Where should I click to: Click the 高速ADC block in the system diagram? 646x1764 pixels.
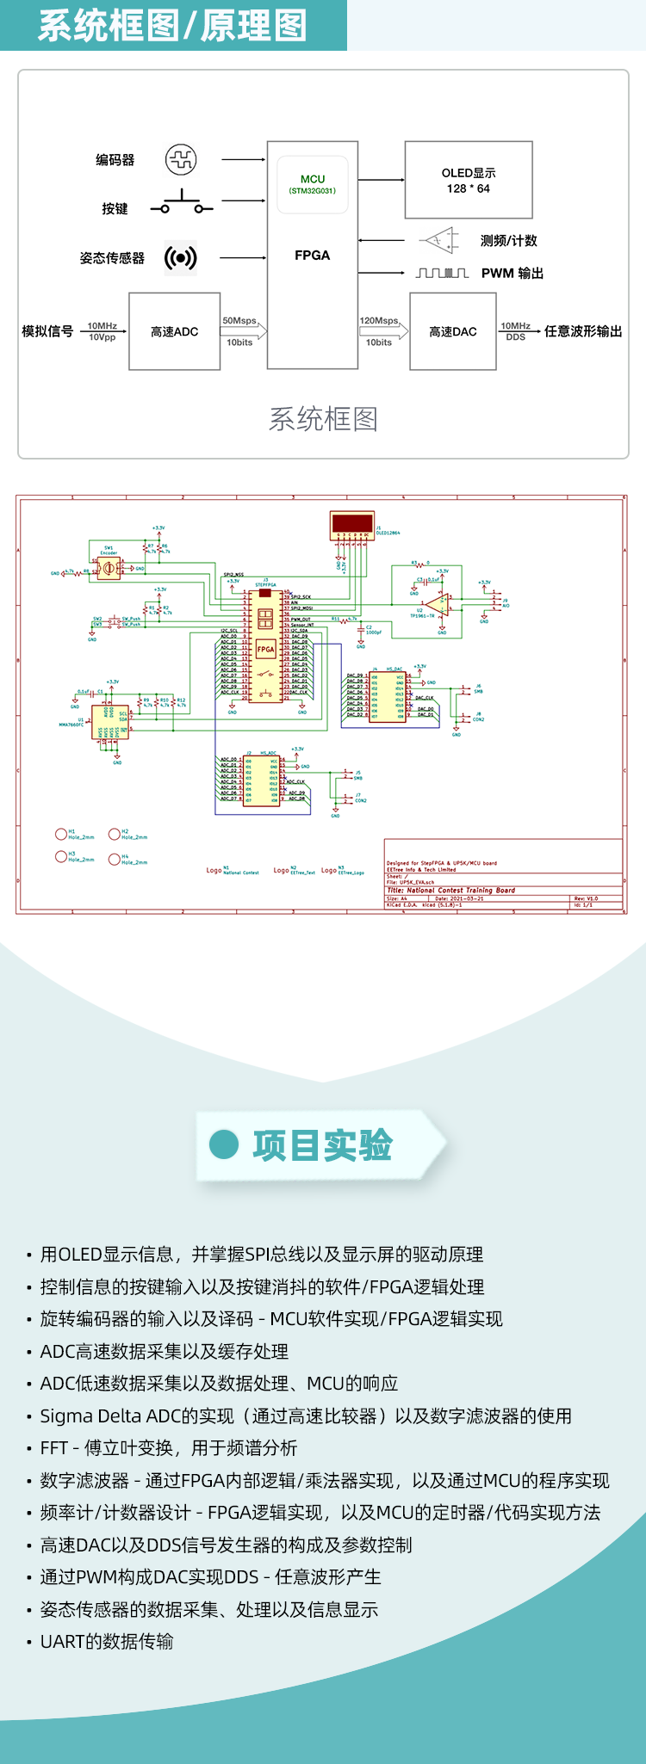(174, 331)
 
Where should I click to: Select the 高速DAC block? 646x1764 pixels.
(452, 331)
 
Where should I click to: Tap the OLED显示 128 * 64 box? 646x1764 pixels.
(469, 181)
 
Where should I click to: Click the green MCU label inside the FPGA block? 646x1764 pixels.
(313, 179)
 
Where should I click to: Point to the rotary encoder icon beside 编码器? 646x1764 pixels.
(181, 159)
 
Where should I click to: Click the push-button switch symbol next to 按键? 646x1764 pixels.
(182, 205)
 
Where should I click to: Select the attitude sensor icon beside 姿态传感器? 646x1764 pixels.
(181, 257)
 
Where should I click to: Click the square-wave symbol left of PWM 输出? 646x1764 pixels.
(442, 274)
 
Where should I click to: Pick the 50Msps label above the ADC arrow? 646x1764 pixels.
(239, 320)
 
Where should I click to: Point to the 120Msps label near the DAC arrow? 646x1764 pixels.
(379, 320)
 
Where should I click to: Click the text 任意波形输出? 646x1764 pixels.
(583, 331)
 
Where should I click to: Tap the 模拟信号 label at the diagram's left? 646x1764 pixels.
(47, 331)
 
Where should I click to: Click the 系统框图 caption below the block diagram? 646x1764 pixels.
(323, 419)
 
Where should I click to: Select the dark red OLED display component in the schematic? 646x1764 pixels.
(352, 523)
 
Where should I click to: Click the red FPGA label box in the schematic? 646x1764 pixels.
(265, 650)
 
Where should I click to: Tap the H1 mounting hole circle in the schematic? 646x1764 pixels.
(60, 834)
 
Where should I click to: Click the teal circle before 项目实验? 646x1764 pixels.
(224, 1144)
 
